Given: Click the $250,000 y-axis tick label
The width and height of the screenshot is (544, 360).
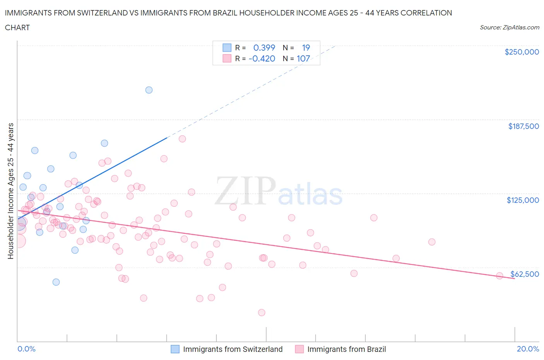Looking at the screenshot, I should click(x=522, y=52).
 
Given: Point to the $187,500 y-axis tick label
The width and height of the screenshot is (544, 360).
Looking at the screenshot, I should click(x=523, y=126).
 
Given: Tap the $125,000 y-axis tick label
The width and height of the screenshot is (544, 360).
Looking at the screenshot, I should click(x=523, y=200).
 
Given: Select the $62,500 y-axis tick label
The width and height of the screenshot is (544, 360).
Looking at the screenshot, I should click(x=524, y=274).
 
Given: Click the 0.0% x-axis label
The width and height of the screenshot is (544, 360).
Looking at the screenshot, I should click(x=26, y=349).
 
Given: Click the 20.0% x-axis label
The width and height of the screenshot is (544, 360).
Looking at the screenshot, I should click(x=528, y=349).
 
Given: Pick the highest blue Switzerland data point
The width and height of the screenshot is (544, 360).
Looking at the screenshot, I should click(x=149, y=90).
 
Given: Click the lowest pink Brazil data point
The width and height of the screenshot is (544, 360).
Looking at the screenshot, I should click(x=262, y=312).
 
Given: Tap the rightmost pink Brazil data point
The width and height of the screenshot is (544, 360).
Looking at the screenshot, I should click(x=500, y=276).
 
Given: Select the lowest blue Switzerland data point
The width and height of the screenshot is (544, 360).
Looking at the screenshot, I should click(x=56, y=282).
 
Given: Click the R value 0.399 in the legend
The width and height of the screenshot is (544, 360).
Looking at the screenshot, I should click(x=264, y=48).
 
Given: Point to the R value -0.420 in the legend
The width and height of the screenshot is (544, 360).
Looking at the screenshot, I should click(x=262, y=58).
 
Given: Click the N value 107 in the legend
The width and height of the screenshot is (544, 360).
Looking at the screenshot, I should click(x=303, y=58).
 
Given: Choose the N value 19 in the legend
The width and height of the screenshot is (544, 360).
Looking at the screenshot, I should click(x=306, y=48).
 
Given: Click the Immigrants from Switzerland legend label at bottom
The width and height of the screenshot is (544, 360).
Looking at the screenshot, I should click(x=233, y=349).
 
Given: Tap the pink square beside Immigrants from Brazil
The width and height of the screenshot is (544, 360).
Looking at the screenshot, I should click(x=299, y=349).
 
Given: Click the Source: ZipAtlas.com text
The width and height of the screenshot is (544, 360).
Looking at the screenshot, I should click(x=509, y=27).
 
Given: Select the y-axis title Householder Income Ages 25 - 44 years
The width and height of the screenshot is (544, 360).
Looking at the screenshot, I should click(x=11, y=191).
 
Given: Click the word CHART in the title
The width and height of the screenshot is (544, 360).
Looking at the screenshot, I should click(x=17, y=27).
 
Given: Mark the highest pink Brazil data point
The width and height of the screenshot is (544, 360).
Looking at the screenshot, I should click(x=182, y=139).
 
